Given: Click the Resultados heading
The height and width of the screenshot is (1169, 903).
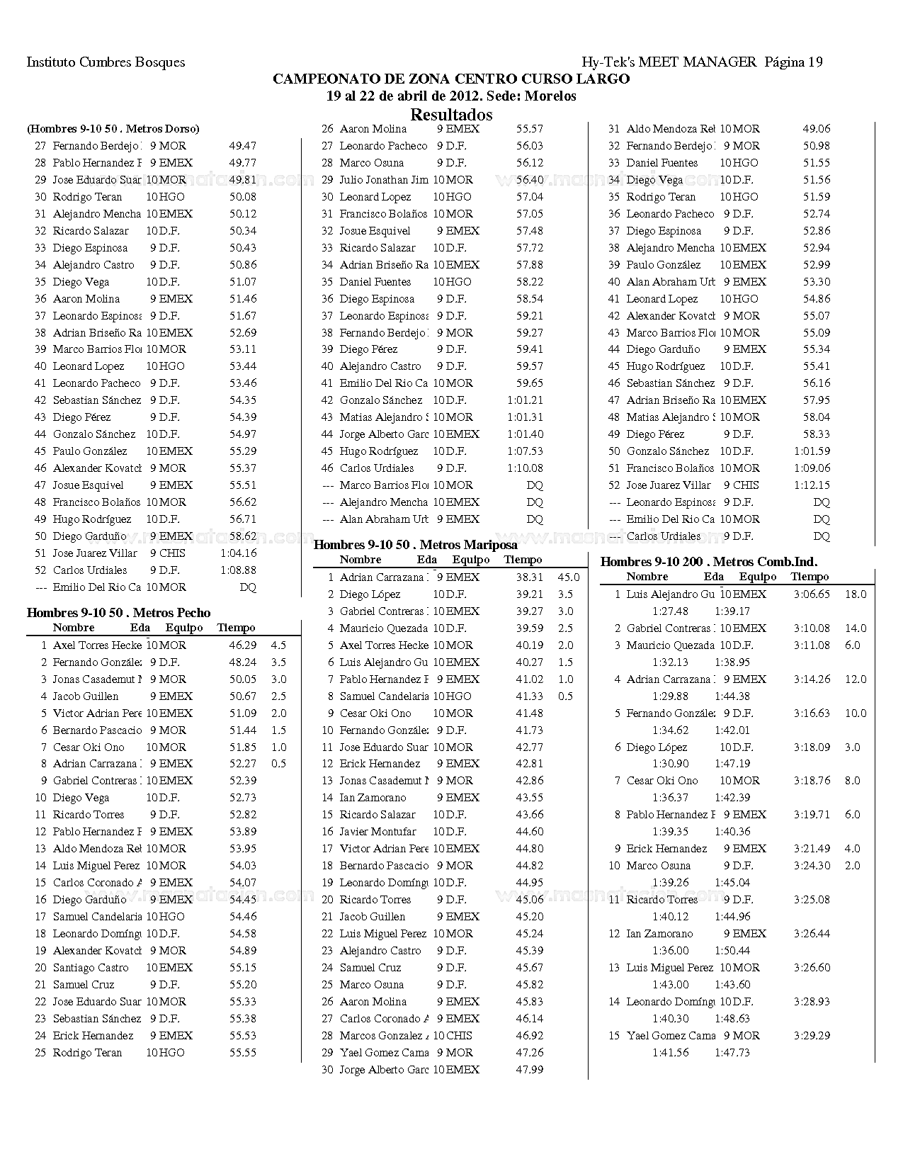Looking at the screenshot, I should (x=451, y=115).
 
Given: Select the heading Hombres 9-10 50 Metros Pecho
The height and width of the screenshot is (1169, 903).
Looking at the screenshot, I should (x=118, y=613).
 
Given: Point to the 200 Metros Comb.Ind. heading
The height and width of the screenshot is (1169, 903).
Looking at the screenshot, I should (x=708, y=562).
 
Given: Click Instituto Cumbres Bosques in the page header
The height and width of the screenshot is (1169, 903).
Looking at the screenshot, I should (x=106, y=62).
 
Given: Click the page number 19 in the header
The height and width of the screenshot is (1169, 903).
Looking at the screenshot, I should (x=814, y=62).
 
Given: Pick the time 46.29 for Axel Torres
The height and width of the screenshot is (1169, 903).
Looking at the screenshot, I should (x=243, y=645).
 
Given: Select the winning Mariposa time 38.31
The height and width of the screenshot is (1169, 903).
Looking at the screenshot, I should (x=530, y=577).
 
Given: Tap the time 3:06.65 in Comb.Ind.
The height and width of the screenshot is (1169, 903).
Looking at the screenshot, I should (x=812, y=594).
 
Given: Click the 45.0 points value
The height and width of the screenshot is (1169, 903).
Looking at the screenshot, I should (x=569, y=577).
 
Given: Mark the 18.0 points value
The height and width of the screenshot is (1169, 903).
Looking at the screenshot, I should (x=856, y=594).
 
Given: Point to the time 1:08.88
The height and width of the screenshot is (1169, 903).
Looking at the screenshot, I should (x=238, y=570).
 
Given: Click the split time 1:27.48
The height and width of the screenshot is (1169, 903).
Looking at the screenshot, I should (x=670, y=611).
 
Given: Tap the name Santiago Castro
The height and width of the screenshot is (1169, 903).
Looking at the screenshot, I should (x=91, y=968).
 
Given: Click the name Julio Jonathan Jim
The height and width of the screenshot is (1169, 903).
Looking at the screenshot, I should (x=383, y=180).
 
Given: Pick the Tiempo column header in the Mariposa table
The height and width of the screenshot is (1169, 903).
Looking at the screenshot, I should (x=523, y=560).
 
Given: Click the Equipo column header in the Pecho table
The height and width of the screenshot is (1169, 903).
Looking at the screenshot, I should (x=184, y=628).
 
